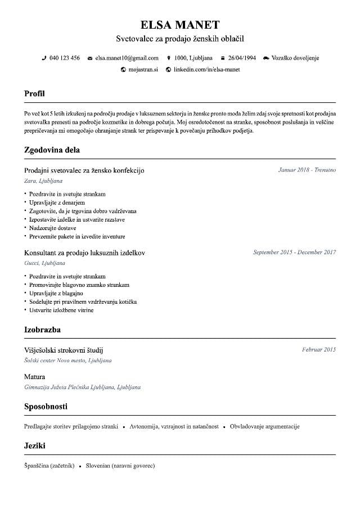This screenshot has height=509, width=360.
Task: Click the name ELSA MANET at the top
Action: (179, 24)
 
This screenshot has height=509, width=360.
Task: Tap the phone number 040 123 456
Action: (64, 58)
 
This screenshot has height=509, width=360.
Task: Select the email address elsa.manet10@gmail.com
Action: (127, 58)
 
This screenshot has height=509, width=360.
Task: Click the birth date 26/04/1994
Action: (241, 58)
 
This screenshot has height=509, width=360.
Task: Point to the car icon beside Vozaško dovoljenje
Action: (265, 58)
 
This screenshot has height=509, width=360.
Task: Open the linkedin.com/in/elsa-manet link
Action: (206, 70)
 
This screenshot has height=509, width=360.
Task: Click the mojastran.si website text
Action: (143, 70)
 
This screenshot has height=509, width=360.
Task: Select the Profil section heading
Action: (34, 93)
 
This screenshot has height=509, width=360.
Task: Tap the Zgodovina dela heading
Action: (52, 150)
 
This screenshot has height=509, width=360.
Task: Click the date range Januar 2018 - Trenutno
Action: (307, 170)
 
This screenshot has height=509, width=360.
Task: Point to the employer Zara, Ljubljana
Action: (43, 181)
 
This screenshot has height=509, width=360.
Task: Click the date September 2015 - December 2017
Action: (294, 252)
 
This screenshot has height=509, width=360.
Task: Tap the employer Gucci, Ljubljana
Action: (45, 263)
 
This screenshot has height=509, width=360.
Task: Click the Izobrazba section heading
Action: (42, 330)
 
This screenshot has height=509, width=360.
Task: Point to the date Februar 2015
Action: (318, 350)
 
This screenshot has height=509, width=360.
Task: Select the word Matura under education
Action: (35, 377)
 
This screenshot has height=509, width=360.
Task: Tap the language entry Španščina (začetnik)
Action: (49, 466)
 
